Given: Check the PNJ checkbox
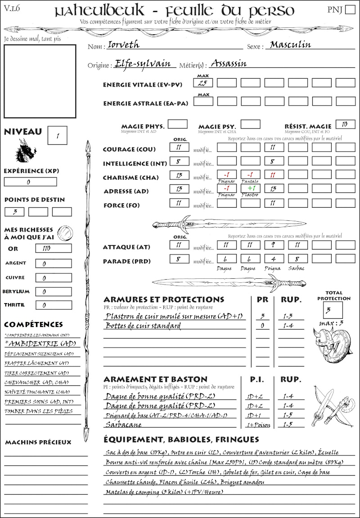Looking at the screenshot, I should coord(349,10).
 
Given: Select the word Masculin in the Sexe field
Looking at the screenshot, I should coord(291,45).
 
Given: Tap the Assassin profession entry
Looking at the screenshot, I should coord(229,63).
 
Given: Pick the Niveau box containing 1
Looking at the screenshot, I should coord(58,135).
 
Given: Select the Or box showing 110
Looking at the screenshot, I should coord(53,248).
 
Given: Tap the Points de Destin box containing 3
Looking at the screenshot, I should coord(14,211).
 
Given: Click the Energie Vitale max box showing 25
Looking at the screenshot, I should coord(203,83).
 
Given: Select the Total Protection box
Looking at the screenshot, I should coord(333,310).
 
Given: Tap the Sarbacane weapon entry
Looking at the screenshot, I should coord(123,424).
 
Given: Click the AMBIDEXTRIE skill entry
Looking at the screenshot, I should coord(40,344).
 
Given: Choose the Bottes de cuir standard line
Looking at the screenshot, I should coord(143,326).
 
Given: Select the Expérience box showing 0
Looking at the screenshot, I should coord(30,182).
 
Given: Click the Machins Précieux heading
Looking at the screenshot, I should coord(38,442).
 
